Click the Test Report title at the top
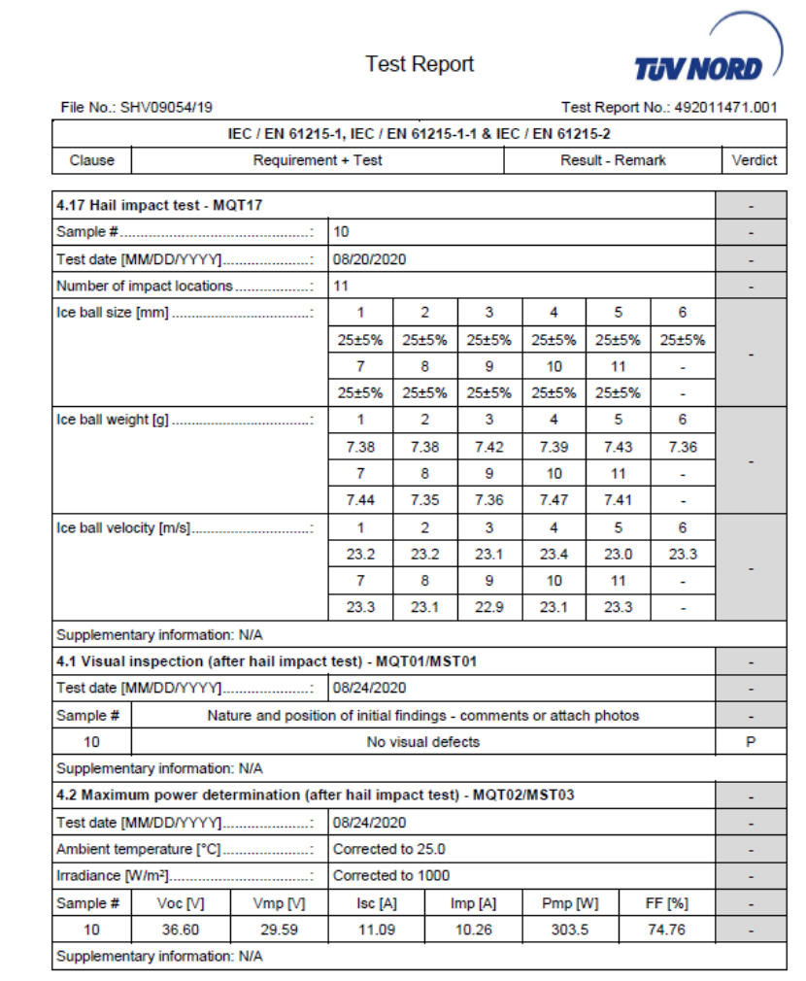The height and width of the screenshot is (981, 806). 420,64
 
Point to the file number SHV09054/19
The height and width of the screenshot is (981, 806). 137,107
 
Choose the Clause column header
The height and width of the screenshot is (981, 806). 91,160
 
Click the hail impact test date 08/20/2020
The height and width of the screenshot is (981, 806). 369,259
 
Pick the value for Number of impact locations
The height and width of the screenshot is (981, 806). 341,286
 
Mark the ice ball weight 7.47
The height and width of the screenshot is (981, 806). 554,500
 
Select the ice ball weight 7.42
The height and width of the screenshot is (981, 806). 488,447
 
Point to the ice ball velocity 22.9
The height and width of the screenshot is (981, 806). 488,607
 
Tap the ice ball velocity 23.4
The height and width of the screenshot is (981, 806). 554,554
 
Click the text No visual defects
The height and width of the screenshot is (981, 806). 422,741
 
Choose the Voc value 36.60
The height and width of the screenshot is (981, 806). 181,929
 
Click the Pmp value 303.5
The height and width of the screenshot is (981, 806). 570,929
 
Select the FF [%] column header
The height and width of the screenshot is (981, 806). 666,902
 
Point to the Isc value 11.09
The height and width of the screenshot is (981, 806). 376,929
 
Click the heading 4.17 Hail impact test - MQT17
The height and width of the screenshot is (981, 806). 160,206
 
